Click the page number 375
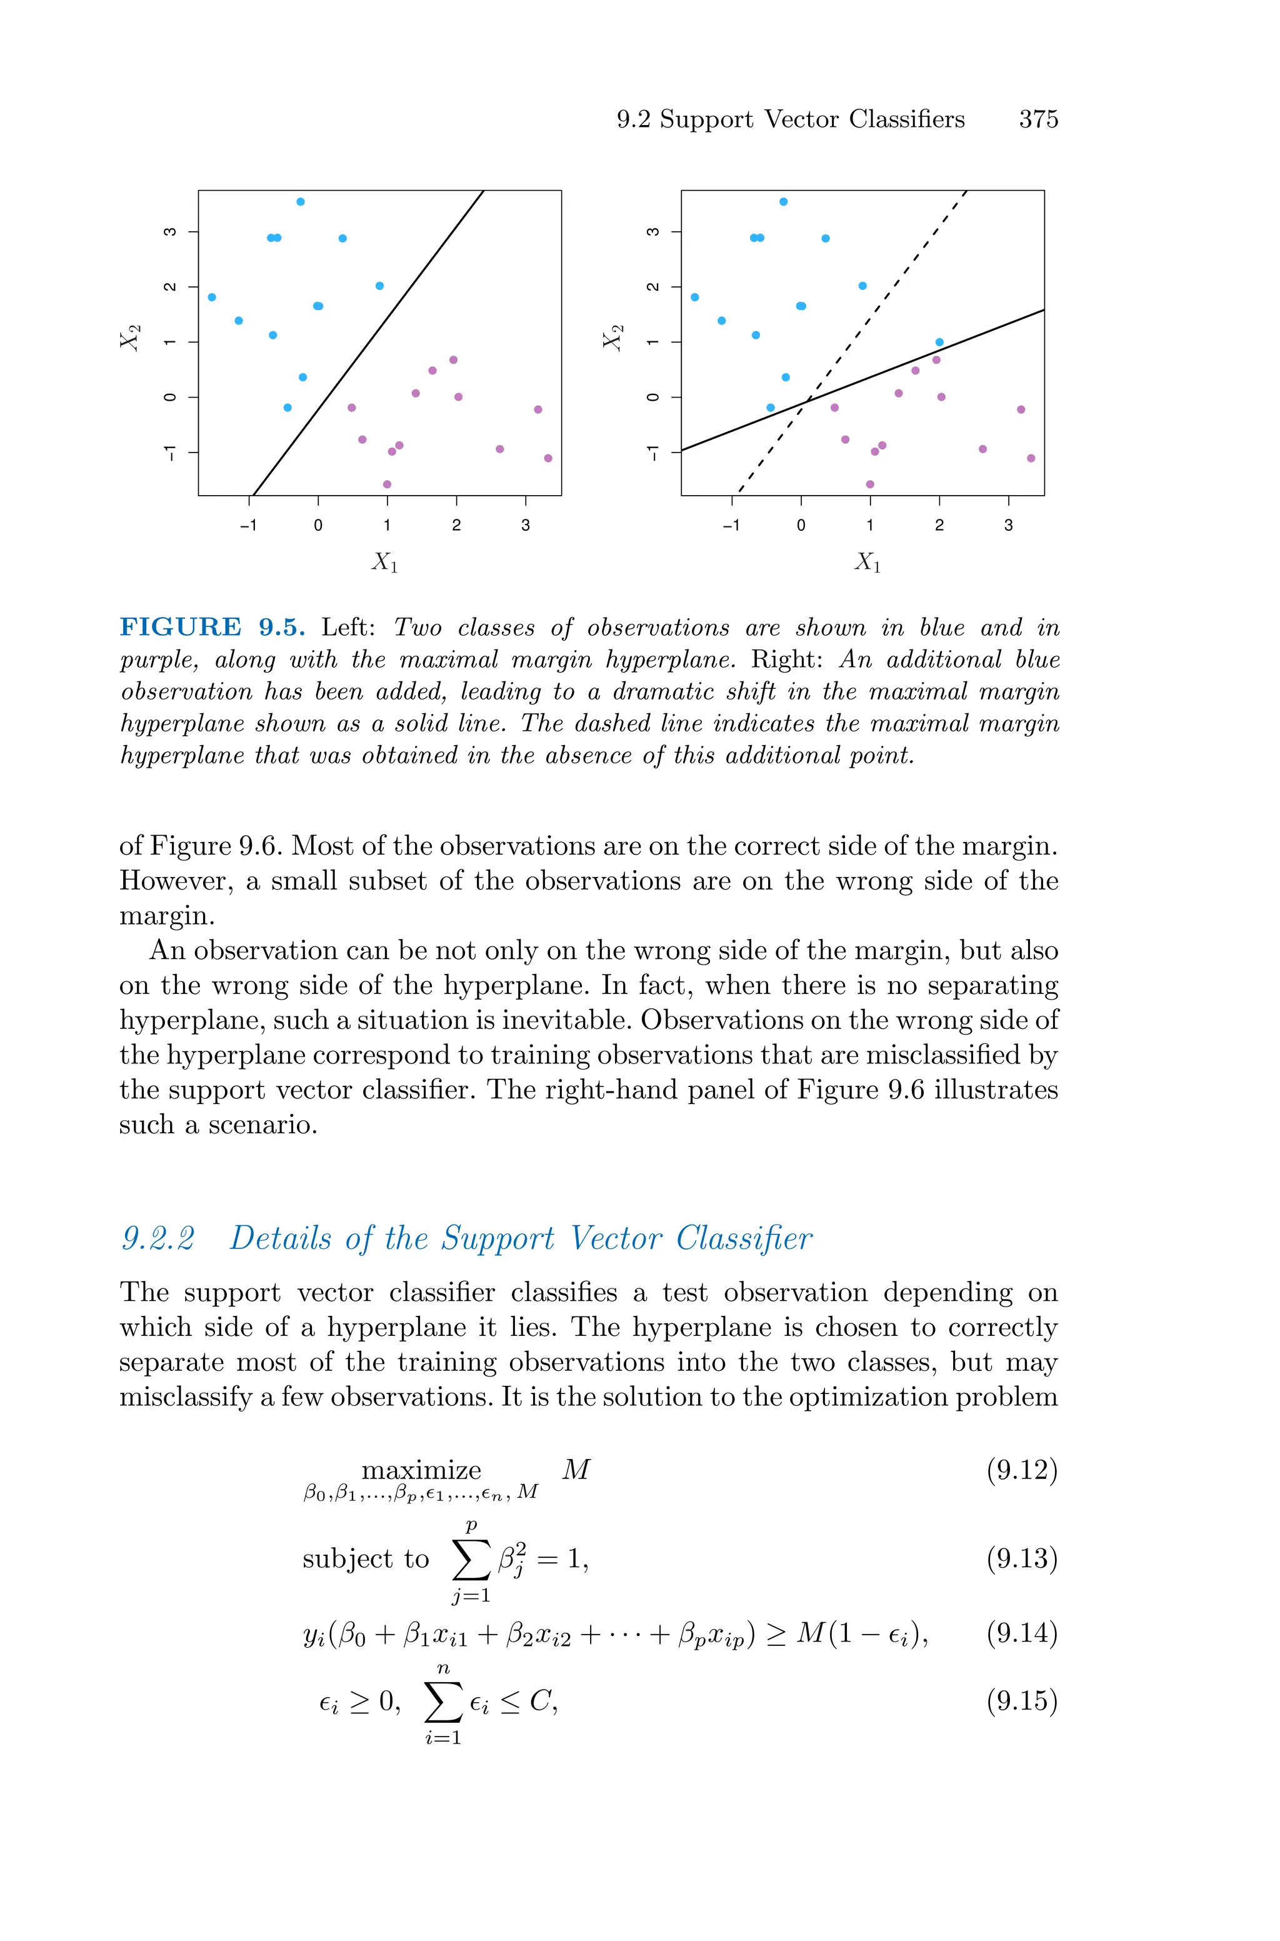[1037, 120]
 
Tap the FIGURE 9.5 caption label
[212, 627]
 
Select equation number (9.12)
[1021, 1470]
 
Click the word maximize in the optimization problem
[421, 1470]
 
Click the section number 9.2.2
[158, 1238]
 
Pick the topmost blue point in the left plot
[301, 202]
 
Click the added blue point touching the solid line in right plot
[939, 342]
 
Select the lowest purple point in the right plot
[869, 484]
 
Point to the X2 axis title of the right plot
[613, 337]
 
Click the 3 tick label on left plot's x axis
[525, 526]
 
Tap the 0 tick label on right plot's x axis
[801, 526]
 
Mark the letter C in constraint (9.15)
[539, 1701]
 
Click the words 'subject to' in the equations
[365, 1559]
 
